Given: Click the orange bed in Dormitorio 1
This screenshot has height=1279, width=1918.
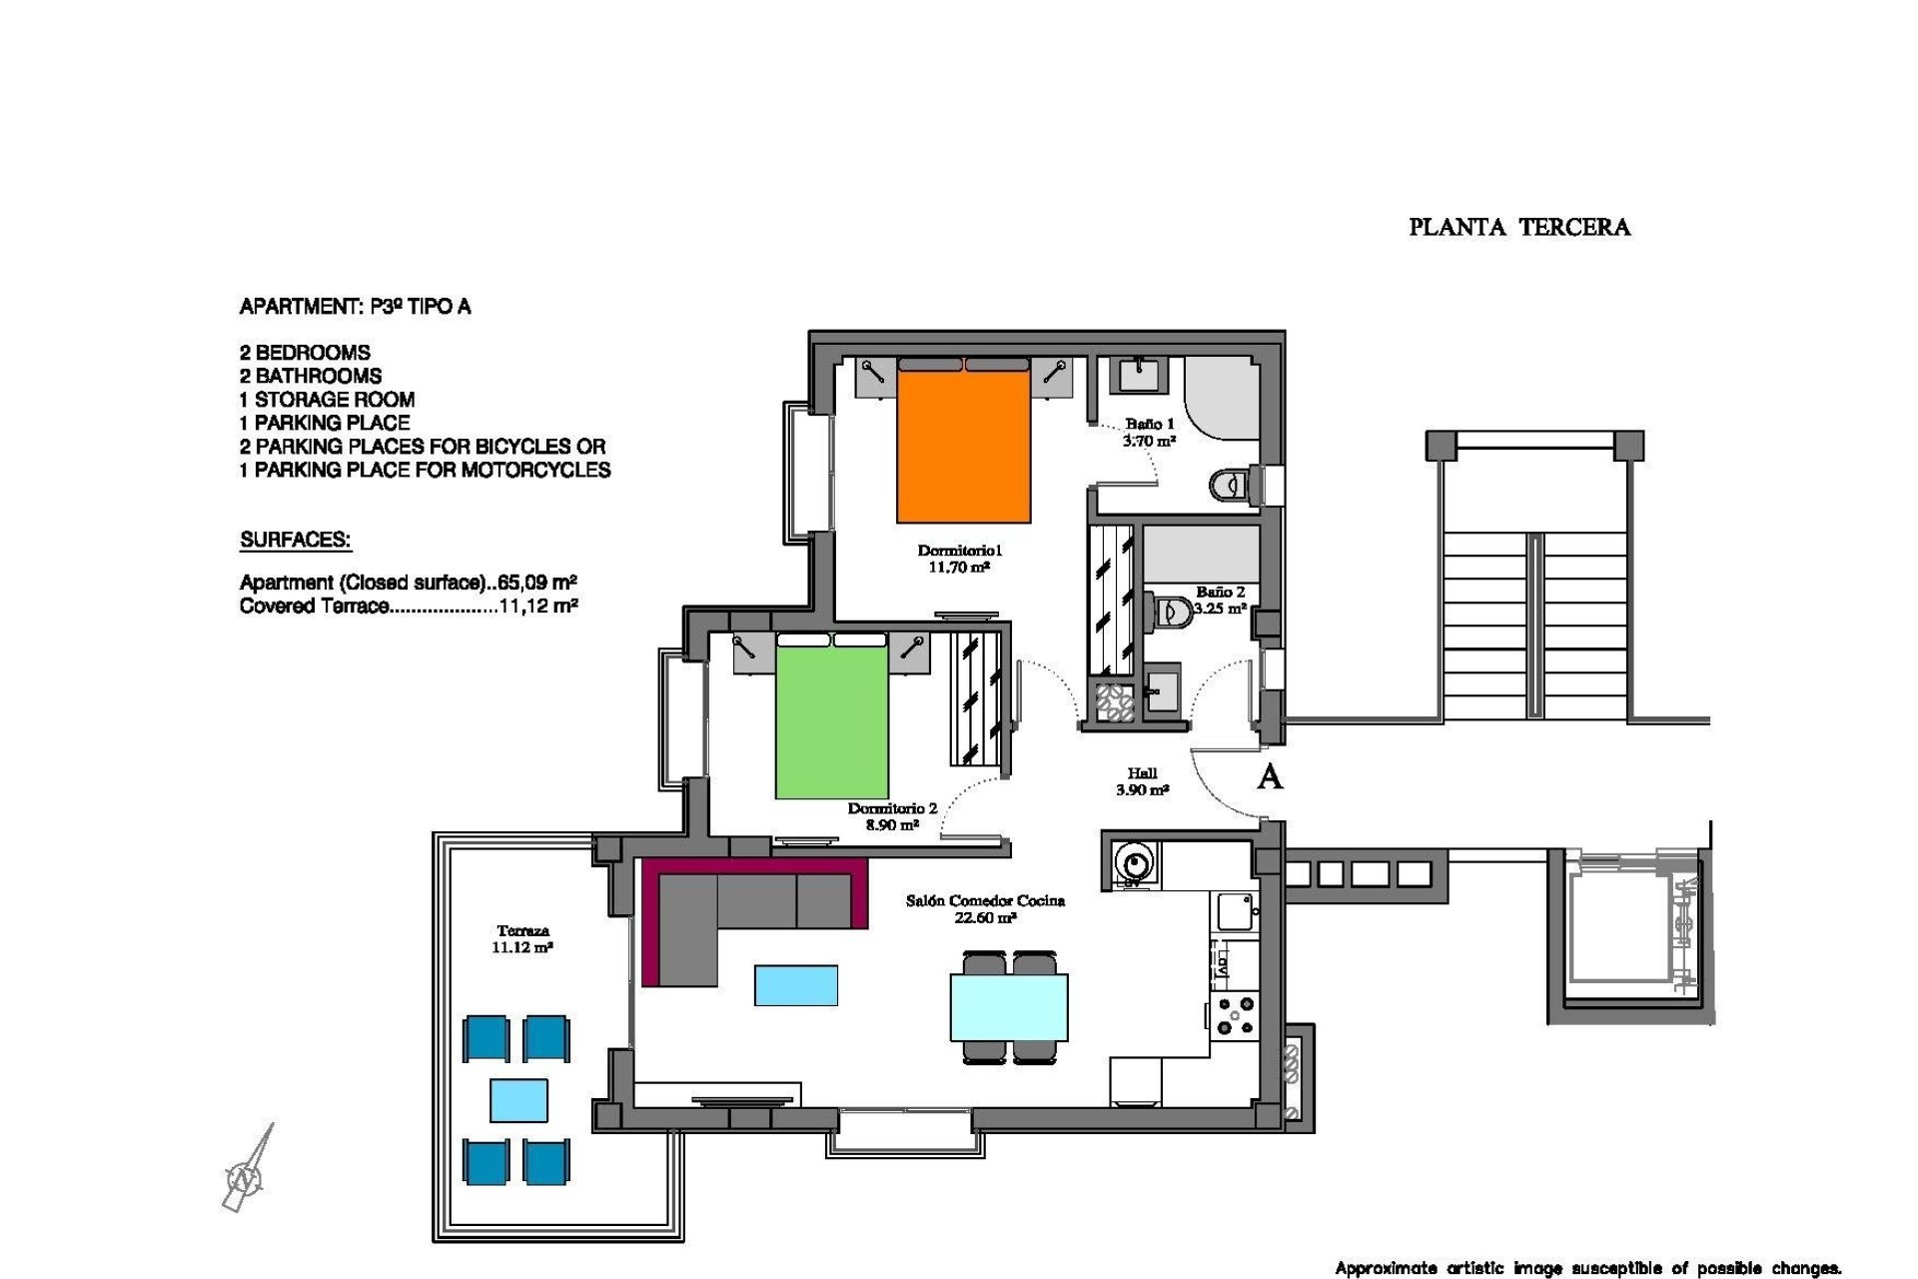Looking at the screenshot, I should pyautogui.click(x=963, y=445).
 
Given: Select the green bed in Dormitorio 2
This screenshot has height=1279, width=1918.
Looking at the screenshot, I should pyautogui.click(x=831, y=721).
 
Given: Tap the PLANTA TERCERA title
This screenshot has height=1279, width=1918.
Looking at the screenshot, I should pyautogui.click(x=1518, y=228).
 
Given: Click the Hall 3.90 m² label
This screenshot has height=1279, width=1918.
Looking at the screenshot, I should pyautogui.click(x=1142, y=781).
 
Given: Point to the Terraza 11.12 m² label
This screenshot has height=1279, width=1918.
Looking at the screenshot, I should pyautogui.click(x=521, y=939).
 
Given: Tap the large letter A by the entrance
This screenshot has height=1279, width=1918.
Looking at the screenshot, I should pyautogui.click(x=1269, y=777).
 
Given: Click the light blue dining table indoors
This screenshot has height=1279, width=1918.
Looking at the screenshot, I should pyautogui.click(x=1009, y=1007).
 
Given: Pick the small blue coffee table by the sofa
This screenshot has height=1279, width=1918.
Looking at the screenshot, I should pyautogui.click(x=795, y=985).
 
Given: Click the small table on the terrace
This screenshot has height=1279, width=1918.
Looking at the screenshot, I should pyautogui.click(x=518, y=1100).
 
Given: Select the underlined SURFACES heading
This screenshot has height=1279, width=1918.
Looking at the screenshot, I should pyautogui.click(x=295, y=541).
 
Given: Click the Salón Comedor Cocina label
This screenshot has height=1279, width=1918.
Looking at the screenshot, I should pyautogui.click(x=985, y=908).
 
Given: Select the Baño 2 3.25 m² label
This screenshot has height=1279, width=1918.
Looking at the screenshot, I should pyautogui.click(x=1220, y=600).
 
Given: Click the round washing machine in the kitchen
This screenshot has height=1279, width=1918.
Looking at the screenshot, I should pyautogui.click(x=1134, y=861).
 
